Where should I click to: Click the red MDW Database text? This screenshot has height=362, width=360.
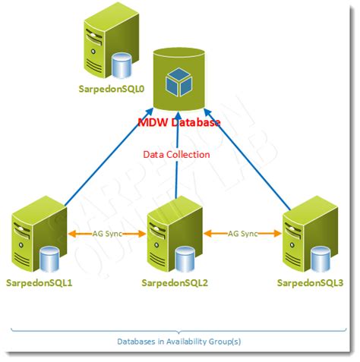point(179,121)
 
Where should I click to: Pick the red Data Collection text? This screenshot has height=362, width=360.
point(176,154)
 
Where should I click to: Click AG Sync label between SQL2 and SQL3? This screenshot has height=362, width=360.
point(244,234)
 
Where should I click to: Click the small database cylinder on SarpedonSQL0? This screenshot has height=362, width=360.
point(121,65)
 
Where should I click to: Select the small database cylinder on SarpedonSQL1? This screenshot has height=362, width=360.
point(49,260)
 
